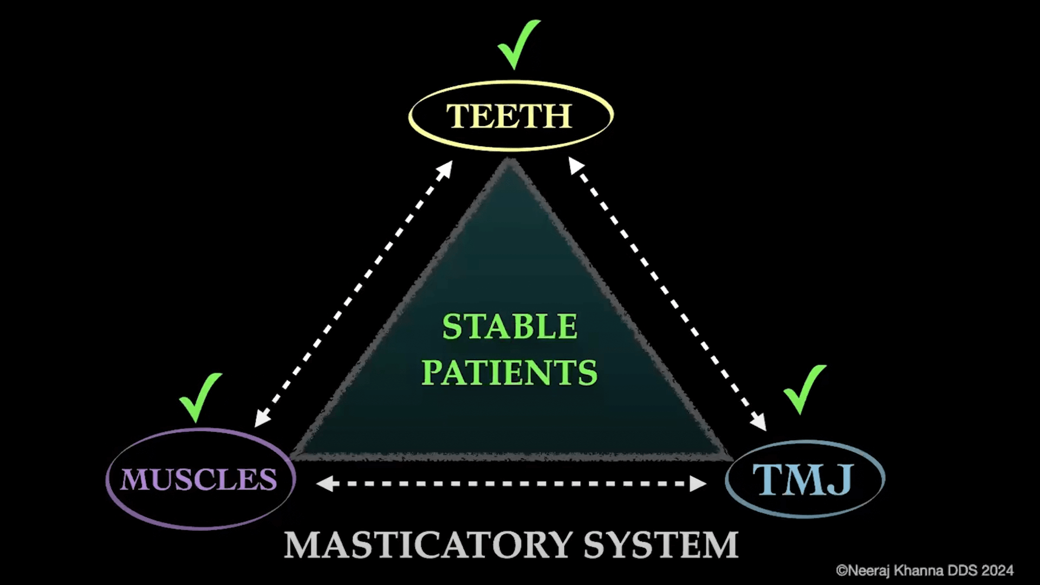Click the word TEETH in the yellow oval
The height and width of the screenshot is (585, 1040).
click(509, 116)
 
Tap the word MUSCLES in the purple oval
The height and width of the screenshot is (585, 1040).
click(199, 479)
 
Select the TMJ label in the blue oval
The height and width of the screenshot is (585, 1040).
click(803, 479)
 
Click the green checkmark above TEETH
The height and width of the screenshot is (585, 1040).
click(517, 44)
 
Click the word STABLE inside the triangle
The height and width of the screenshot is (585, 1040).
click(510, 326)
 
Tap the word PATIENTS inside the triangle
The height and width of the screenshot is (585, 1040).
click(509, 373)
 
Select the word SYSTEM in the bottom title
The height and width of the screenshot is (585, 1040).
click(661, 545)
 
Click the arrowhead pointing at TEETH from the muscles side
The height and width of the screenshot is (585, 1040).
click(445, 168)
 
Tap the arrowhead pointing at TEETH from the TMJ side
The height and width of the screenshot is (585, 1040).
click(576, 165)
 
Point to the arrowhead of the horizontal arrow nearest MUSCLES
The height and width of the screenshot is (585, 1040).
click(324, 483)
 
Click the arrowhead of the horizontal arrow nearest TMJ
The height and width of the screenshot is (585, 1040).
click(698, 483)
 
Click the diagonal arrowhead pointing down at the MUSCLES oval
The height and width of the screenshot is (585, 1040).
click(262, 418)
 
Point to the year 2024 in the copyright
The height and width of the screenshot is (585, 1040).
click(997, 570)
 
